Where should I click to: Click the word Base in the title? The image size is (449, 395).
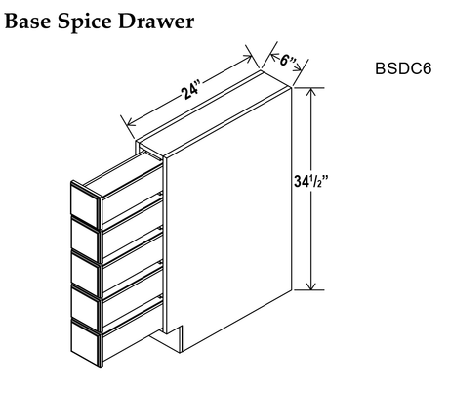[x=28, y=22]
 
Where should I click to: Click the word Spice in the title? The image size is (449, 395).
[x=85, y=22]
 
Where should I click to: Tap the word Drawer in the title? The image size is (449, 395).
[x=156, y=22]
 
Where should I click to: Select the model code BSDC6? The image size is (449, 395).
[x=403, y=68]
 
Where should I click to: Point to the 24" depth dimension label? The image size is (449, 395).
[x=190, y=91]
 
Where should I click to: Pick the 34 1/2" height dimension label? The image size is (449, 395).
[x=310, y=181]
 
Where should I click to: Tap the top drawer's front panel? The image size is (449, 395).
[x=85, y=203]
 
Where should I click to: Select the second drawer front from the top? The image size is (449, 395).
[x=85, y=240]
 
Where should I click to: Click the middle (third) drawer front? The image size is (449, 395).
[x=85, y=275]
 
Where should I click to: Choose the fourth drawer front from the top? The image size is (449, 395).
[x=85, y=309]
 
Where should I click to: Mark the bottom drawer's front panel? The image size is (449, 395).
[x=85, y=343]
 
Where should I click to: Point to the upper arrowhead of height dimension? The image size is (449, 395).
[x=311, y=92]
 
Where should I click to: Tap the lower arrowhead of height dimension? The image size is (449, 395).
[x=311, y=285]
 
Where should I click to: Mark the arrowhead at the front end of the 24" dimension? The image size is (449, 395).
[x=131, y=122]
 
